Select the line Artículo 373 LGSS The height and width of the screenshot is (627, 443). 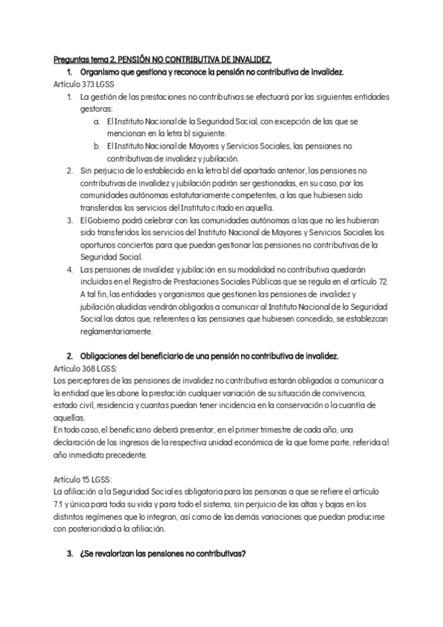[81, 84]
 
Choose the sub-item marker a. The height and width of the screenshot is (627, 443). [98, 121]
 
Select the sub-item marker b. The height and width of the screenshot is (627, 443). [98, 146]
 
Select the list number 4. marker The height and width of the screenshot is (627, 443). [69, 270]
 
